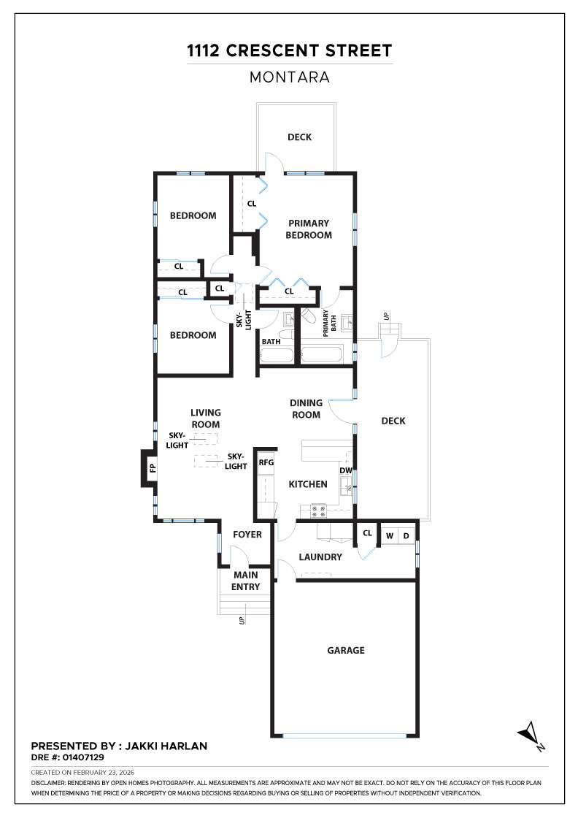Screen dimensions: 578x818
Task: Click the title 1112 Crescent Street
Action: (289, 50)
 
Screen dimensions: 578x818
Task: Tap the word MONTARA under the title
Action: (289, 77)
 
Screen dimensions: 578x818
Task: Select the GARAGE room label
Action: (345, 650)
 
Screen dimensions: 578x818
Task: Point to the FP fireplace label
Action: (153, 468)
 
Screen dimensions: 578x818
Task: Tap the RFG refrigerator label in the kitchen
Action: (266, 462)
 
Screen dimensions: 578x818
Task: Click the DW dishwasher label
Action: (345, 470)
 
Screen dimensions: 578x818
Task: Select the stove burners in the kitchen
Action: (318, 511)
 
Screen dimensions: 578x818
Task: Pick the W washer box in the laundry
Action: (389, 536)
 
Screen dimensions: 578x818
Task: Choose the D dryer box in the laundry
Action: (406, 536)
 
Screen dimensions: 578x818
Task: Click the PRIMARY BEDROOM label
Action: (309, 229)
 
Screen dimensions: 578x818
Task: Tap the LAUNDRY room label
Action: (320, 557)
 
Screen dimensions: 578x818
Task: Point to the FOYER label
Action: (247, 534)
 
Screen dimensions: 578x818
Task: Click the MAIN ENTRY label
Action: (245, 581)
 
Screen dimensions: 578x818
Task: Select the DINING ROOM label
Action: (306, 408)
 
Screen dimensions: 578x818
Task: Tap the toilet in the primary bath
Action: (309, 315)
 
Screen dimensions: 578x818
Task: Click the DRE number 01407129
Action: (83, 757)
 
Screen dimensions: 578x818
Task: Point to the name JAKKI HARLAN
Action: (166, 746)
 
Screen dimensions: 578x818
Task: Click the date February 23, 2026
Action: (104, 772)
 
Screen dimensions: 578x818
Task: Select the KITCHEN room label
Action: (308, 484)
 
